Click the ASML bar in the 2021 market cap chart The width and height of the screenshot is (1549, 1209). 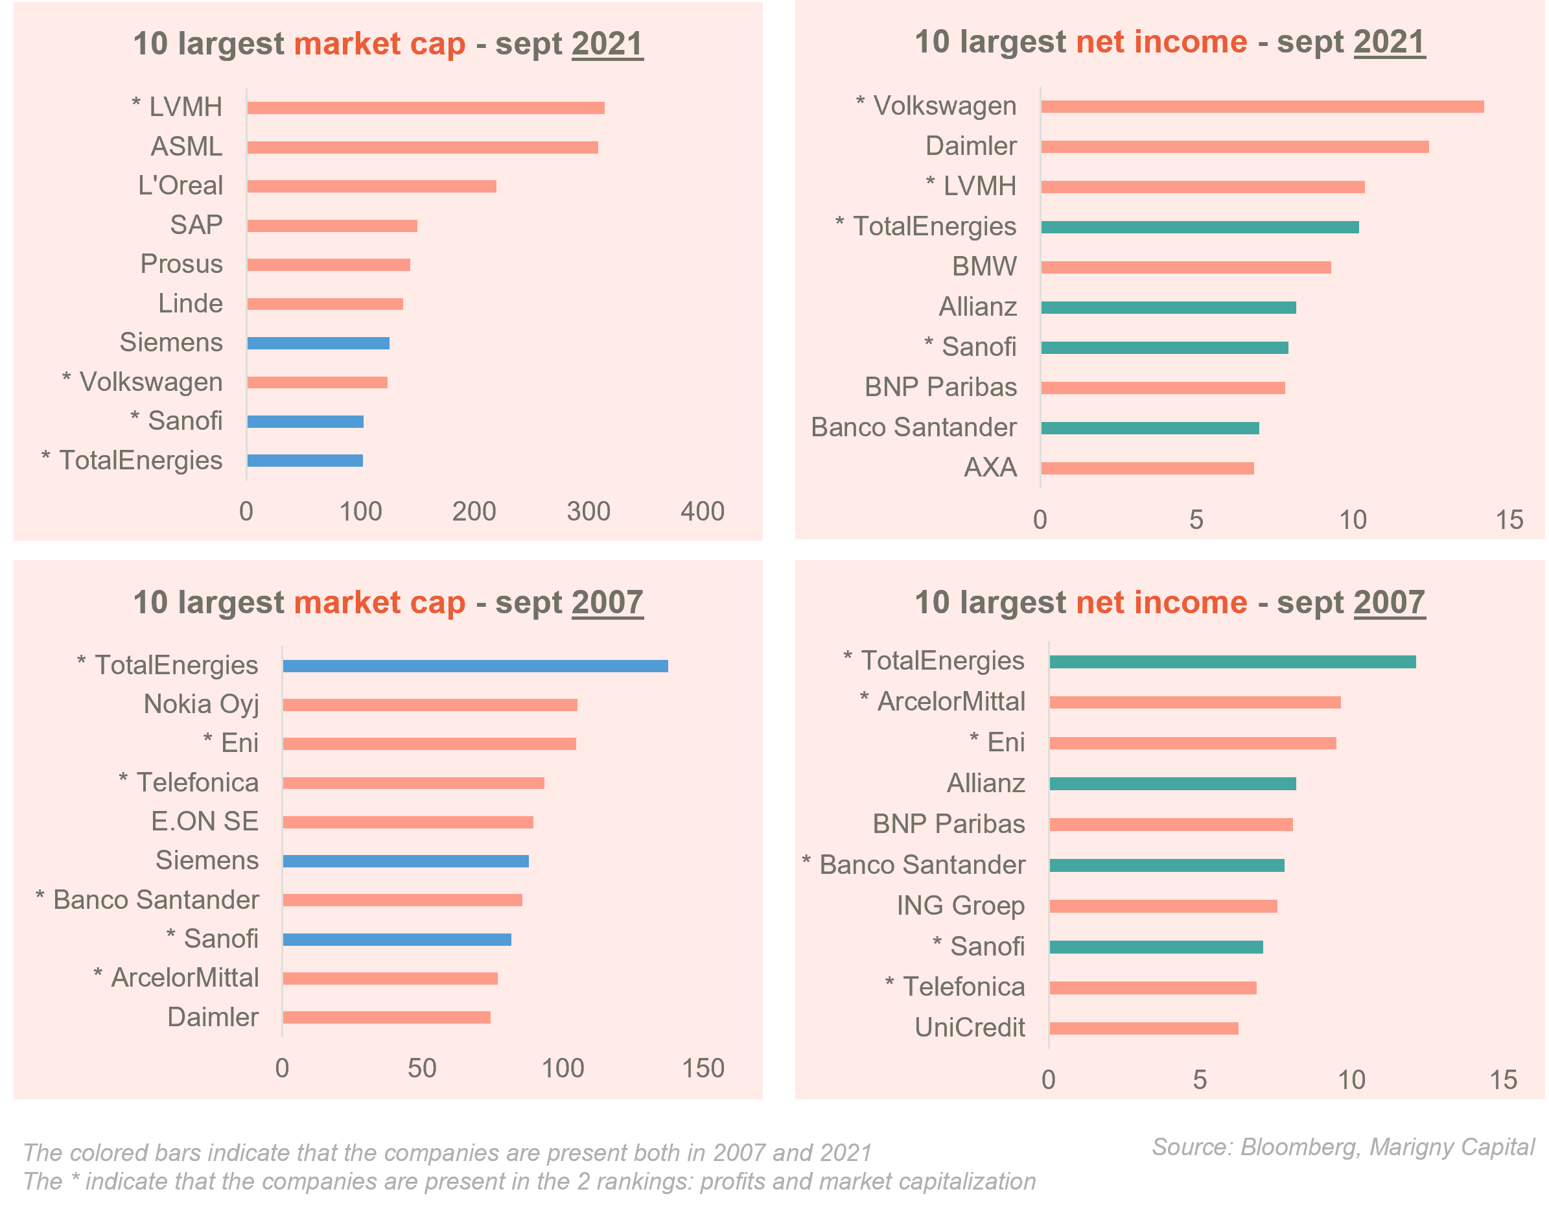423,148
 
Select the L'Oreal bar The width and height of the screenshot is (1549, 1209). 371,187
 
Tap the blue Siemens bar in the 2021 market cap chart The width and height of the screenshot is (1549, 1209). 318,344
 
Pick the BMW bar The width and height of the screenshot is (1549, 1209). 1186,268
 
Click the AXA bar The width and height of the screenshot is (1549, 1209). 1148,468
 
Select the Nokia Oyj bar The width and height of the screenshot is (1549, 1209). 430,705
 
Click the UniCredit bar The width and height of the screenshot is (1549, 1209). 1144,1028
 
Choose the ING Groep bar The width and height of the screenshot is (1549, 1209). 1163,906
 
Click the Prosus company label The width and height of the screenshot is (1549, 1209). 181,264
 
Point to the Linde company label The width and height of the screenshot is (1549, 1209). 190,303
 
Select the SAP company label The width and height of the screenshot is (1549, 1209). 196,225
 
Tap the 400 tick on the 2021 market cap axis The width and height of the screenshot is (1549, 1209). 702,511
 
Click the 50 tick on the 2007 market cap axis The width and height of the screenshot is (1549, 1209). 422,1068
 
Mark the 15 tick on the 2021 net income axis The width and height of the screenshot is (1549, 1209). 1509,520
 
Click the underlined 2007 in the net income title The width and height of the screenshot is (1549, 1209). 1389,602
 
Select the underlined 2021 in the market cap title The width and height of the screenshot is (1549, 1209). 607,44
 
